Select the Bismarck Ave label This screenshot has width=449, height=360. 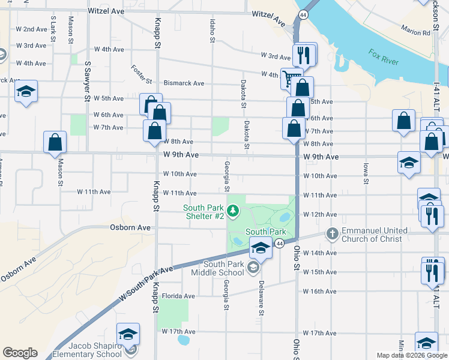click(x=184, y=83)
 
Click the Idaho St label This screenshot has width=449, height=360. click(x=212, y=30)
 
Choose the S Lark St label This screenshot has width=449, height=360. click(x=53, y=26)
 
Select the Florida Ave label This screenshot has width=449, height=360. click(x=178, y=296)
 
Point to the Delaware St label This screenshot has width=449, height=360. click(x=262, y=298)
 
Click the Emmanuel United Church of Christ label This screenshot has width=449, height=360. click(x=375, y=235)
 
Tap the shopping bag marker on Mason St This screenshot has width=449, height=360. click(x=55, y=142)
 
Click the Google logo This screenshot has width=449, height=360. click(x=20, y=353)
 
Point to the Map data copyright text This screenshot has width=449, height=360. click(x=412, y=355)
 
